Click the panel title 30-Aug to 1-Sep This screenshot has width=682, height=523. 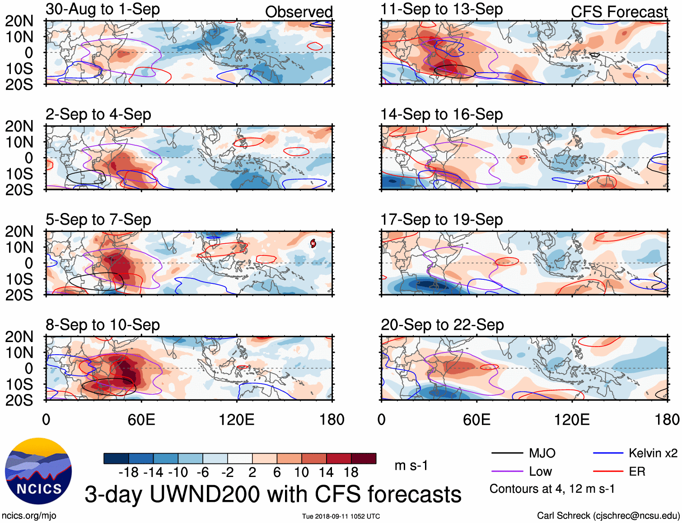click(103, 9)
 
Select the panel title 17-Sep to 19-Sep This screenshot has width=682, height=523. click(441, 220)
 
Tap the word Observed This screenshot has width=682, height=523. click(299, 12)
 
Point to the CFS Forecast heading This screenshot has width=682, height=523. click(619, 12)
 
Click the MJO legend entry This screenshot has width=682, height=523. click(542, 453)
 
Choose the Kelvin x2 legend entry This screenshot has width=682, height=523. click(653, 453)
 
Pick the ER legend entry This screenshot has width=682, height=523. click(637, 472)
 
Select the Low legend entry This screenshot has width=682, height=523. click(540, 472)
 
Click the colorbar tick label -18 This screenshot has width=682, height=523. click(128, 472)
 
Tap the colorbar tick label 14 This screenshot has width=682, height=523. click(326, 472)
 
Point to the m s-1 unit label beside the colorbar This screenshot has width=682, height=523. click(411, 465)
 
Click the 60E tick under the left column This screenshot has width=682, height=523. click(141, 420)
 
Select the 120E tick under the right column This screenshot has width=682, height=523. click(572, 420)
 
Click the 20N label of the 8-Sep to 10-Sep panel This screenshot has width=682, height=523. click(19, 337)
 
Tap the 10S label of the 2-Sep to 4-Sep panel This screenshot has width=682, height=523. click(19, 174)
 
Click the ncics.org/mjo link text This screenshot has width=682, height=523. click(29, 515)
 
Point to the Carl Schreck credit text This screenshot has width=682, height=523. click(608, 515)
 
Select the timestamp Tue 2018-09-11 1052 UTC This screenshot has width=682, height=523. click(341, 516)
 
